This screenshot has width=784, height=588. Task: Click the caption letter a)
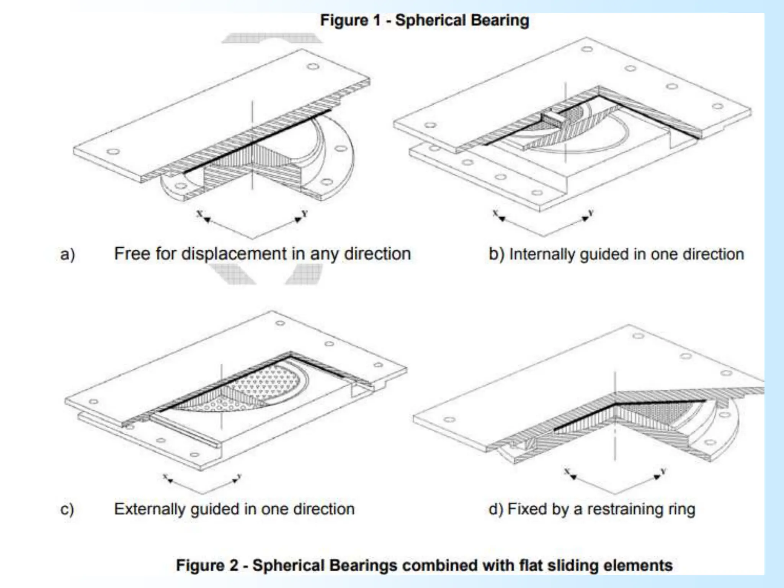(x=68, y=255)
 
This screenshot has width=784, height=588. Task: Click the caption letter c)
(x=67, y=510)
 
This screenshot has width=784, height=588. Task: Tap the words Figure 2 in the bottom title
(x=207, y=565)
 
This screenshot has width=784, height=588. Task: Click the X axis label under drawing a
(x=199, y=214)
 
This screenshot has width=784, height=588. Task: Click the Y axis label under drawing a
(x=305, y=213)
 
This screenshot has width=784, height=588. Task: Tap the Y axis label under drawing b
(x=591, y=212)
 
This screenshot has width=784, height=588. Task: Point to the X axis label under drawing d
(x=567, y=471)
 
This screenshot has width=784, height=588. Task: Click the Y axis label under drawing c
(x=239, y=476)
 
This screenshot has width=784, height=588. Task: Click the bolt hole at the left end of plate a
(x=113, y=152)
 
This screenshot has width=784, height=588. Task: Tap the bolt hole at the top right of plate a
(x=313, y=67)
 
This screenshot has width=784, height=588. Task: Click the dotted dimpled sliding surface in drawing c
(x=268, y=383)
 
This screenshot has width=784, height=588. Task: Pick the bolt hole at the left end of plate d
(x=449, y=419)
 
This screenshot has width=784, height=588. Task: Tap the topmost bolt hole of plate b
(x=587, y=49)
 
